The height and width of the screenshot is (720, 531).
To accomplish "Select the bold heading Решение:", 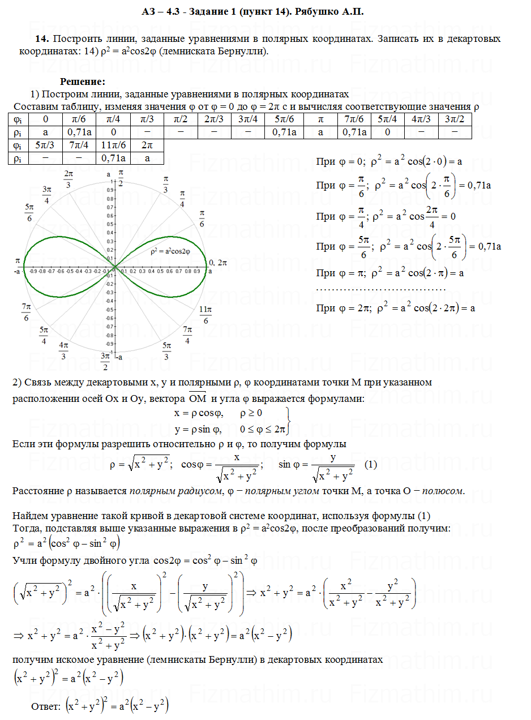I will coord(83,83).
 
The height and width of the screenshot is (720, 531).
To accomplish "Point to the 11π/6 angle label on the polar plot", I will coord(205,315).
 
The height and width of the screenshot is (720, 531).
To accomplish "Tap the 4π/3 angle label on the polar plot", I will coord(63,350).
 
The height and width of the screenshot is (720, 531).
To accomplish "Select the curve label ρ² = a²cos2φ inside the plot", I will coord(170,251).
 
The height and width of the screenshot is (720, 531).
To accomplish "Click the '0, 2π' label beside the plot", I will coord(218,263).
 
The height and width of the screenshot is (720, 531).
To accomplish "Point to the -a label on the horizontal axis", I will coord(18,272).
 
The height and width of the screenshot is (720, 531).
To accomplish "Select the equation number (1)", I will coord(371,464).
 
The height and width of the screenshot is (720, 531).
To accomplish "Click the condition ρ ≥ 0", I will coord(251,413).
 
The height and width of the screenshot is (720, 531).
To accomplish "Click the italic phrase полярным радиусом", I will coord(176,490).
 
